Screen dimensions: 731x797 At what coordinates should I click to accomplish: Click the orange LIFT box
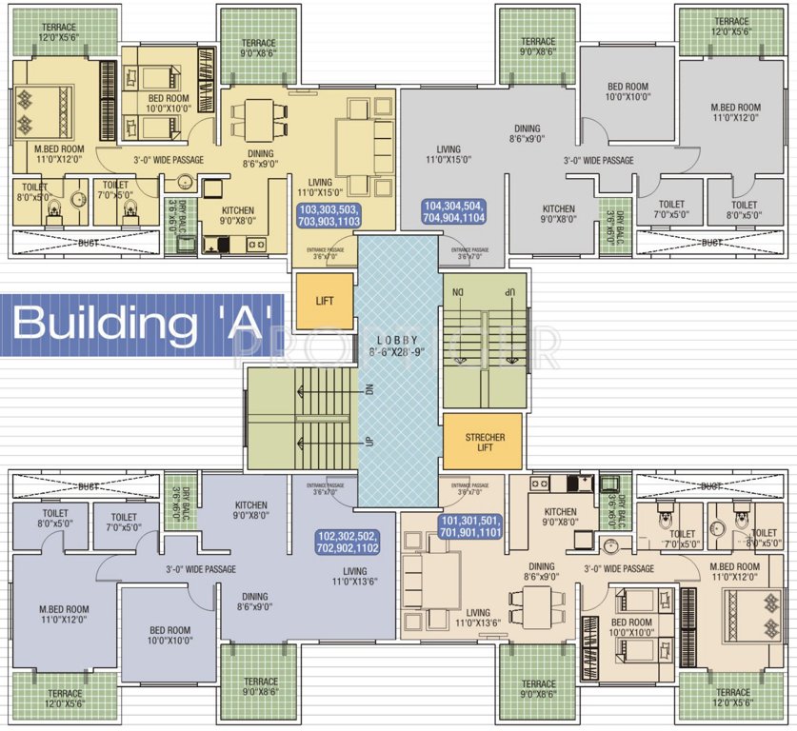click(x=325, y=301)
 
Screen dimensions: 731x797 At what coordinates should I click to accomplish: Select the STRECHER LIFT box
click(x=485, y=442)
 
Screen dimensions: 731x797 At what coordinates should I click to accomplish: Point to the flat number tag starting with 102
click(x=348, y=542)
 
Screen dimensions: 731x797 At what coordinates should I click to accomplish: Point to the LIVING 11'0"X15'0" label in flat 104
click(x=448, y=155)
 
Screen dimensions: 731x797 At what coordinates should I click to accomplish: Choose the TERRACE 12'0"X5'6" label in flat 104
click(x=731, y=27)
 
